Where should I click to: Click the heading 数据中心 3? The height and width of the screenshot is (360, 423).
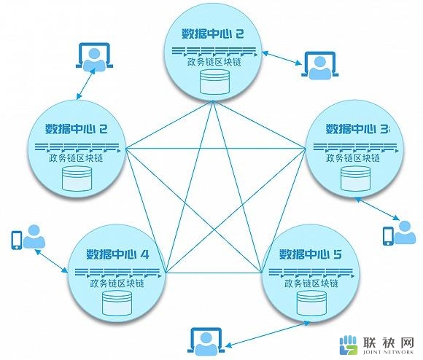point(357,129)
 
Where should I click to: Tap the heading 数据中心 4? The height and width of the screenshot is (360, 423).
point(117,254)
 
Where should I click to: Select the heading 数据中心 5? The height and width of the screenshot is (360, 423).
point(311,254)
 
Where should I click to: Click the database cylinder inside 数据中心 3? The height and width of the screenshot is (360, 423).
point(355,179)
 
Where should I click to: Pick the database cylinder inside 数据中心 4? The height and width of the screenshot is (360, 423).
point(117,303)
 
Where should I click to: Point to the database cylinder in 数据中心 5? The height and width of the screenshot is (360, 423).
point(311,303)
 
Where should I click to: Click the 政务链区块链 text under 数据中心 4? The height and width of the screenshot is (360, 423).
point(117,283)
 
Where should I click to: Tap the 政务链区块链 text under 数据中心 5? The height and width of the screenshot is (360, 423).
point(311,283)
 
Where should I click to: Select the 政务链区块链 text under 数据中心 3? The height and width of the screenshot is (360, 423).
point(352,158)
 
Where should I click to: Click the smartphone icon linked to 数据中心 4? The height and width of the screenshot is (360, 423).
point(17,240)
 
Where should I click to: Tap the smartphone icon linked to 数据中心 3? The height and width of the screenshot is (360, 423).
point(388,236)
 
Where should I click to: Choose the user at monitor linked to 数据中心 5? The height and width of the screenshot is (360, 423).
point(206,341)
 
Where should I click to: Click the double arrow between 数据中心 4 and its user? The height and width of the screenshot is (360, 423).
point(51,261)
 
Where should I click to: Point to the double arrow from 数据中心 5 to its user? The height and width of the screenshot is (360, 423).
point(268,334)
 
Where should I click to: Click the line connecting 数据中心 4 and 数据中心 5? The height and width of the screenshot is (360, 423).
point(214,273)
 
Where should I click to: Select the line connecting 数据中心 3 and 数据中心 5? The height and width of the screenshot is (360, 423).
point(284,210)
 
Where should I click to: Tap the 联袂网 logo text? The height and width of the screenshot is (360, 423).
point(389,343)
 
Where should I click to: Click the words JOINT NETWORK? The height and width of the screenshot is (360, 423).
point(389,352)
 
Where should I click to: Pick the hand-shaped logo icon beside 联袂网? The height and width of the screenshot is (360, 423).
point(349,345)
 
